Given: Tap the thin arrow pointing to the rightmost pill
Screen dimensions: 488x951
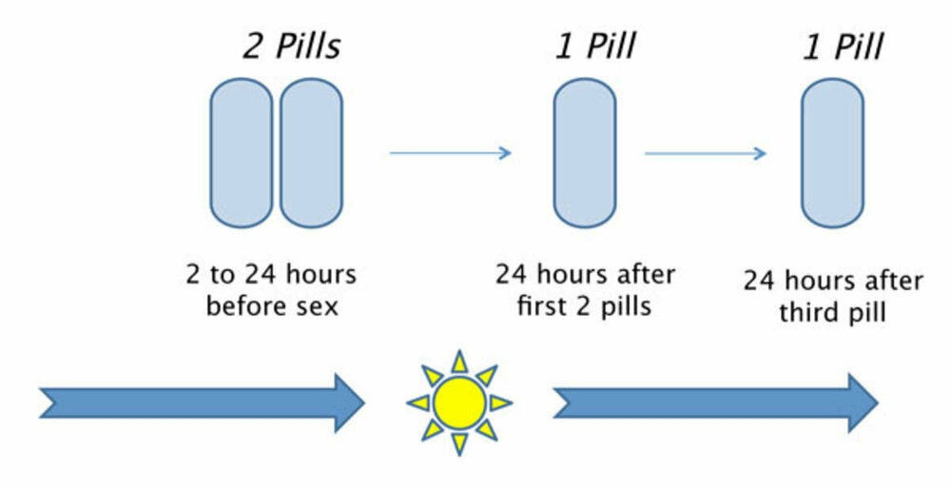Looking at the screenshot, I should [x=705, y=152].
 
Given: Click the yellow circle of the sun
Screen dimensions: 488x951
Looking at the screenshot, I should [x=459, y=402].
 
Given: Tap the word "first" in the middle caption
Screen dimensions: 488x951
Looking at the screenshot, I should [x=547, y=306].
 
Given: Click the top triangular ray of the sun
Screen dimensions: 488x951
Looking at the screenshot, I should [x=459, y=361].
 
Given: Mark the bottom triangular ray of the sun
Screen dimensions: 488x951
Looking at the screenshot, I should [x=459, y=443].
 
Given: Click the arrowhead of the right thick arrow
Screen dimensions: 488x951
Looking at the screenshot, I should [x=861, y=402].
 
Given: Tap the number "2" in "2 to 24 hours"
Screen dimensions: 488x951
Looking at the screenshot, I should [x=193, y=276].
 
